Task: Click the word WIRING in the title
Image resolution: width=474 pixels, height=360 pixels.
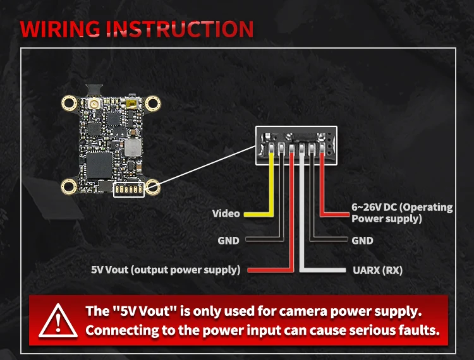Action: pos(60,29)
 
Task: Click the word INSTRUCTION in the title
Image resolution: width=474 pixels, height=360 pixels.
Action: pos(180,29)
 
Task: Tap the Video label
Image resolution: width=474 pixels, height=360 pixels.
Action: pos(226,213)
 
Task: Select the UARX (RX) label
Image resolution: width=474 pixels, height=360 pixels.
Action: pos(377,270)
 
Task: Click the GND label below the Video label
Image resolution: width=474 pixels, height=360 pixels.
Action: pos(228,241)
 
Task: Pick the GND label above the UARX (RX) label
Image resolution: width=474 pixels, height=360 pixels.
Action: pos(362,241)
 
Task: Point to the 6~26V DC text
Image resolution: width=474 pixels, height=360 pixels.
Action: pos(374,208)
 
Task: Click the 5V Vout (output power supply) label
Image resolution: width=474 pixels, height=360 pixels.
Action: pos(166,270)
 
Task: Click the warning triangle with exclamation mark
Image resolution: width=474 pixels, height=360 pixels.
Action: pos(58,321)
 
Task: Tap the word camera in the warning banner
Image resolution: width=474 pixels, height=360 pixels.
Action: pos(303,311)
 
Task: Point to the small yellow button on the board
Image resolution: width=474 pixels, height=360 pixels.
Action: pos(131,104)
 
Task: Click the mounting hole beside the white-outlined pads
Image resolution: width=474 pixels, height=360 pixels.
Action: pos(153,187)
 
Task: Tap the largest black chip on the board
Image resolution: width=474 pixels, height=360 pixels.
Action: pos(99,165)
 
